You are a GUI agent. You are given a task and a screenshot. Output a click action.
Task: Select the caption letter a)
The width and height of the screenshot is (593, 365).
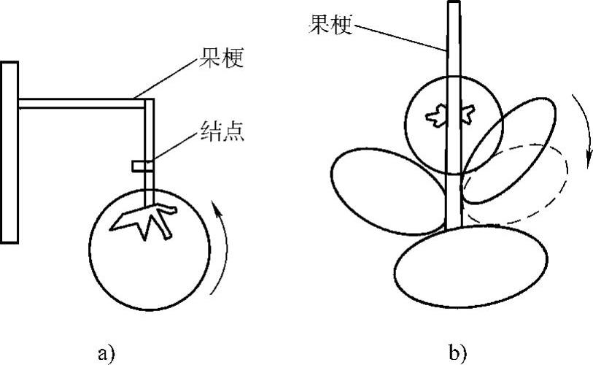point(106,353)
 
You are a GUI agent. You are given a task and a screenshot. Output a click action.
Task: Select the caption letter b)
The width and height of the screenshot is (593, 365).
point(458,353)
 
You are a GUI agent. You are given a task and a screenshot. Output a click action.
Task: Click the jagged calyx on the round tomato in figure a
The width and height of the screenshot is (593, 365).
point(146,219)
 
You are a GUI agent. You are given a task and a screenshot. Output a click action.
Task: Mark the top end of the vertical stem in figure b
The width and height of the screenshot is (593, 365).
point(454,6)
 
